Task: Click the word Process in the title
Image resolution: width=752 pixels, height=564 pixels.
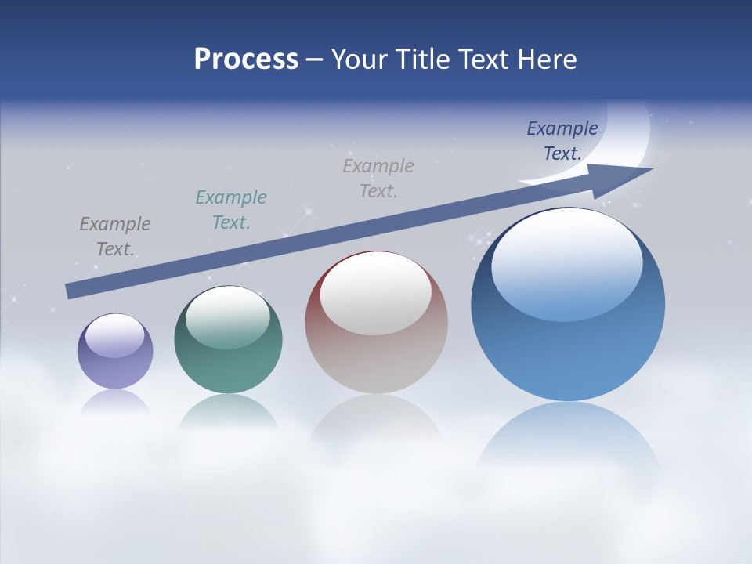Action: [246, 59]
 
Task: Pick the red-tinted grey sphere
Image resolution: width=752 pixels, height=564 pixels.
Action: [376, 352]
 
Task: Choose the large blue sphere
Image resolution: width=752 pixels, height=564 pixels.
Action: [568, 345]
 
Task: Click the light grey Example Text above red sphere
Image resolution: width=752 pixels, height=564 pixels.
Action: [378, 178]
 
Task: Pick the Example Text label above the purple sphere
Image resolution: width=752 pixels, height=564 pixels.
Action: [115, 237]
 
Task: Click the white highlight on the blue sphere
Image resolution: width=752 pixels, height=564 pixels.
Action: [566, 262]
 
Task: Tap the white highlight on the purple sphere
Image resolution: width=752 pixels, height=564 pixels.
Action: [114, 335]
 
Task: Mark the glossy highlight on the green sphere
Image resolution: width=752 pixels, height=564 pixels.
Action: [228, 316]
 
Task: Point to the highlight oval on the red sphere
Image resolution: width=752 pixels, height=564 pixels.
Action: [375, 294]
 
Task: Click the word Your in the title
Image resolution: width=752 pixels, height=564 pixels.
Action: [360, 59]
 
